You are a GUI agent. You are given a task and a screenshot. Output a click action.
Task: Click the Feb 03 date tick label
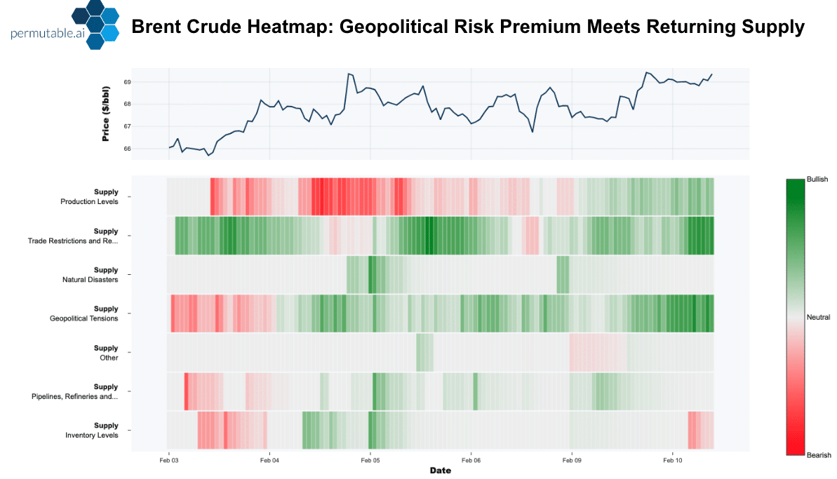(169, 461)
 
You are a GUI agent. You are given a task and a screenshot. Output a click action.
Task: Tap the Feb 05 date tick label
(370, 461)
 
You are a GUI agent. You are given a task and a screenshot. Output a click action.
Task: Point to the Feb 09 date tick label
(572, 461)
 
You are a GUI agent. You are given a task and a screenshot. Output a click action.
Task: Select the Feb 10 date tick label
(672, 461)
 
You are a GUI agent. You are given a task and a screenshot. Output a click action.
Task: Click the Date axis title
(440, 471)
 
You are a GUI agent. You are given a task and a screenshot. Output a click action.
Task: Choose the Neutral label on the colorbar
(819, 317)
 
